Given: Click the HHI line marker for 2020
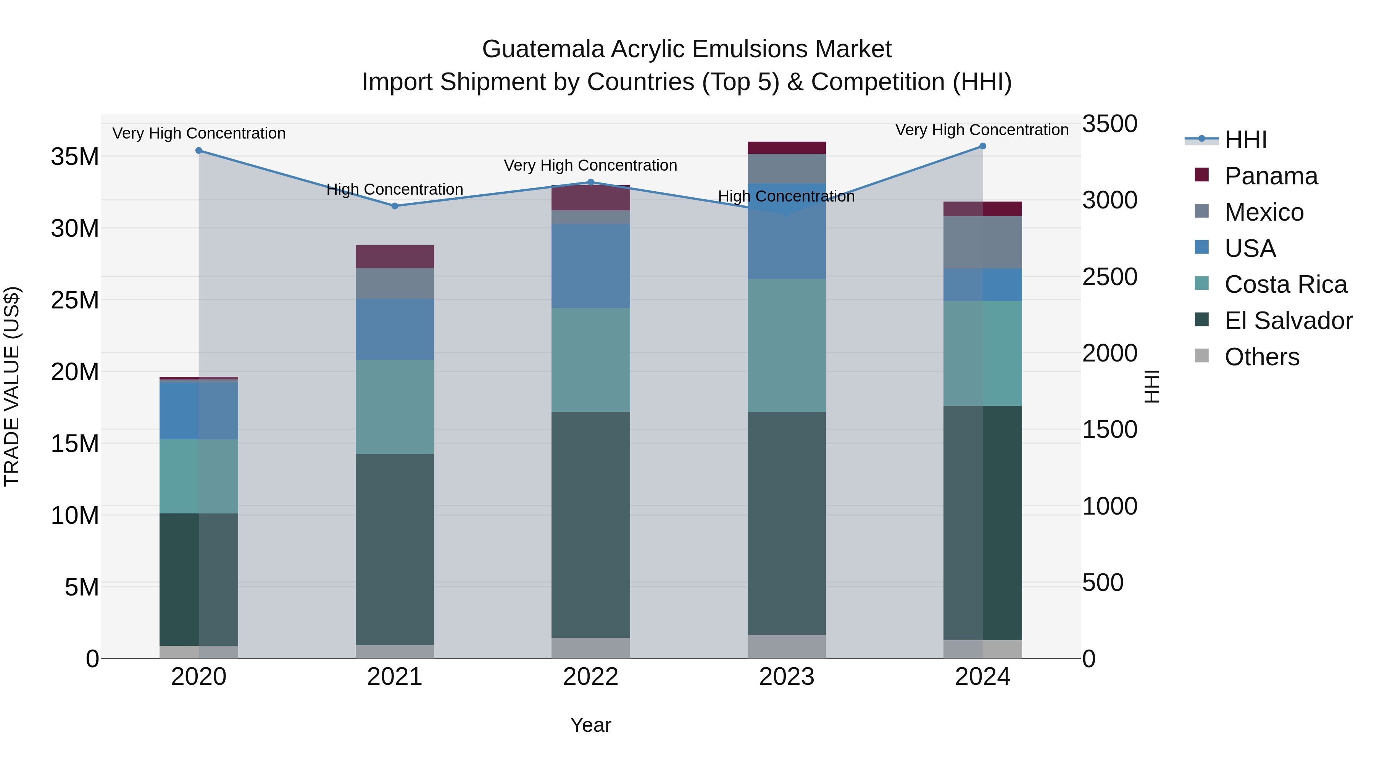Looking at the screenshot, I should click(199, 150).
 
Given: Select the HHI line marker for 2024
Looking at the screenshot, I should click(982, 146).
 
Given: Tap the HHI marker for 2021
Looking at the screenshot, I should click(395, 206).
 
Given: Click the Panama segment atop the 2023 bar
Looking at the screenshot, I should click(787, 148).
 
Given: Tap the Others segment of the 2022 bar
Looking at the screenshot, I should click(590, 648).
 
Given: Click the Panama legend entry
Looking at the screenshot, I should click(1271, 176).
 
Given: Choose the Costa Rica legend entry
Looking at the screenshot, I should click(1285, 284).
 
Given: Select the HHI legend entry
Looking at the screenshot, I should click(1245, 140).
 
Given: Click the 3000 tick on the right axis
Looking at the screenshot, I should click(1110, 200).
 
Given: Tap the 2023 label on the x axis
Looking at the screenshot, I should click(787, 677).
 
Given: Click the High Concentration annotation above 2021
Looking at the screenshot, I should click(395, 189).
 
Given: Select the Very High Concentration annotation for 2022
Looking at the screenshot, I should click(590, 165).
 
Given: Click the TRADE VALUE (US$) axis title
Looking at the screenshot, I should click(12, 386).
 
